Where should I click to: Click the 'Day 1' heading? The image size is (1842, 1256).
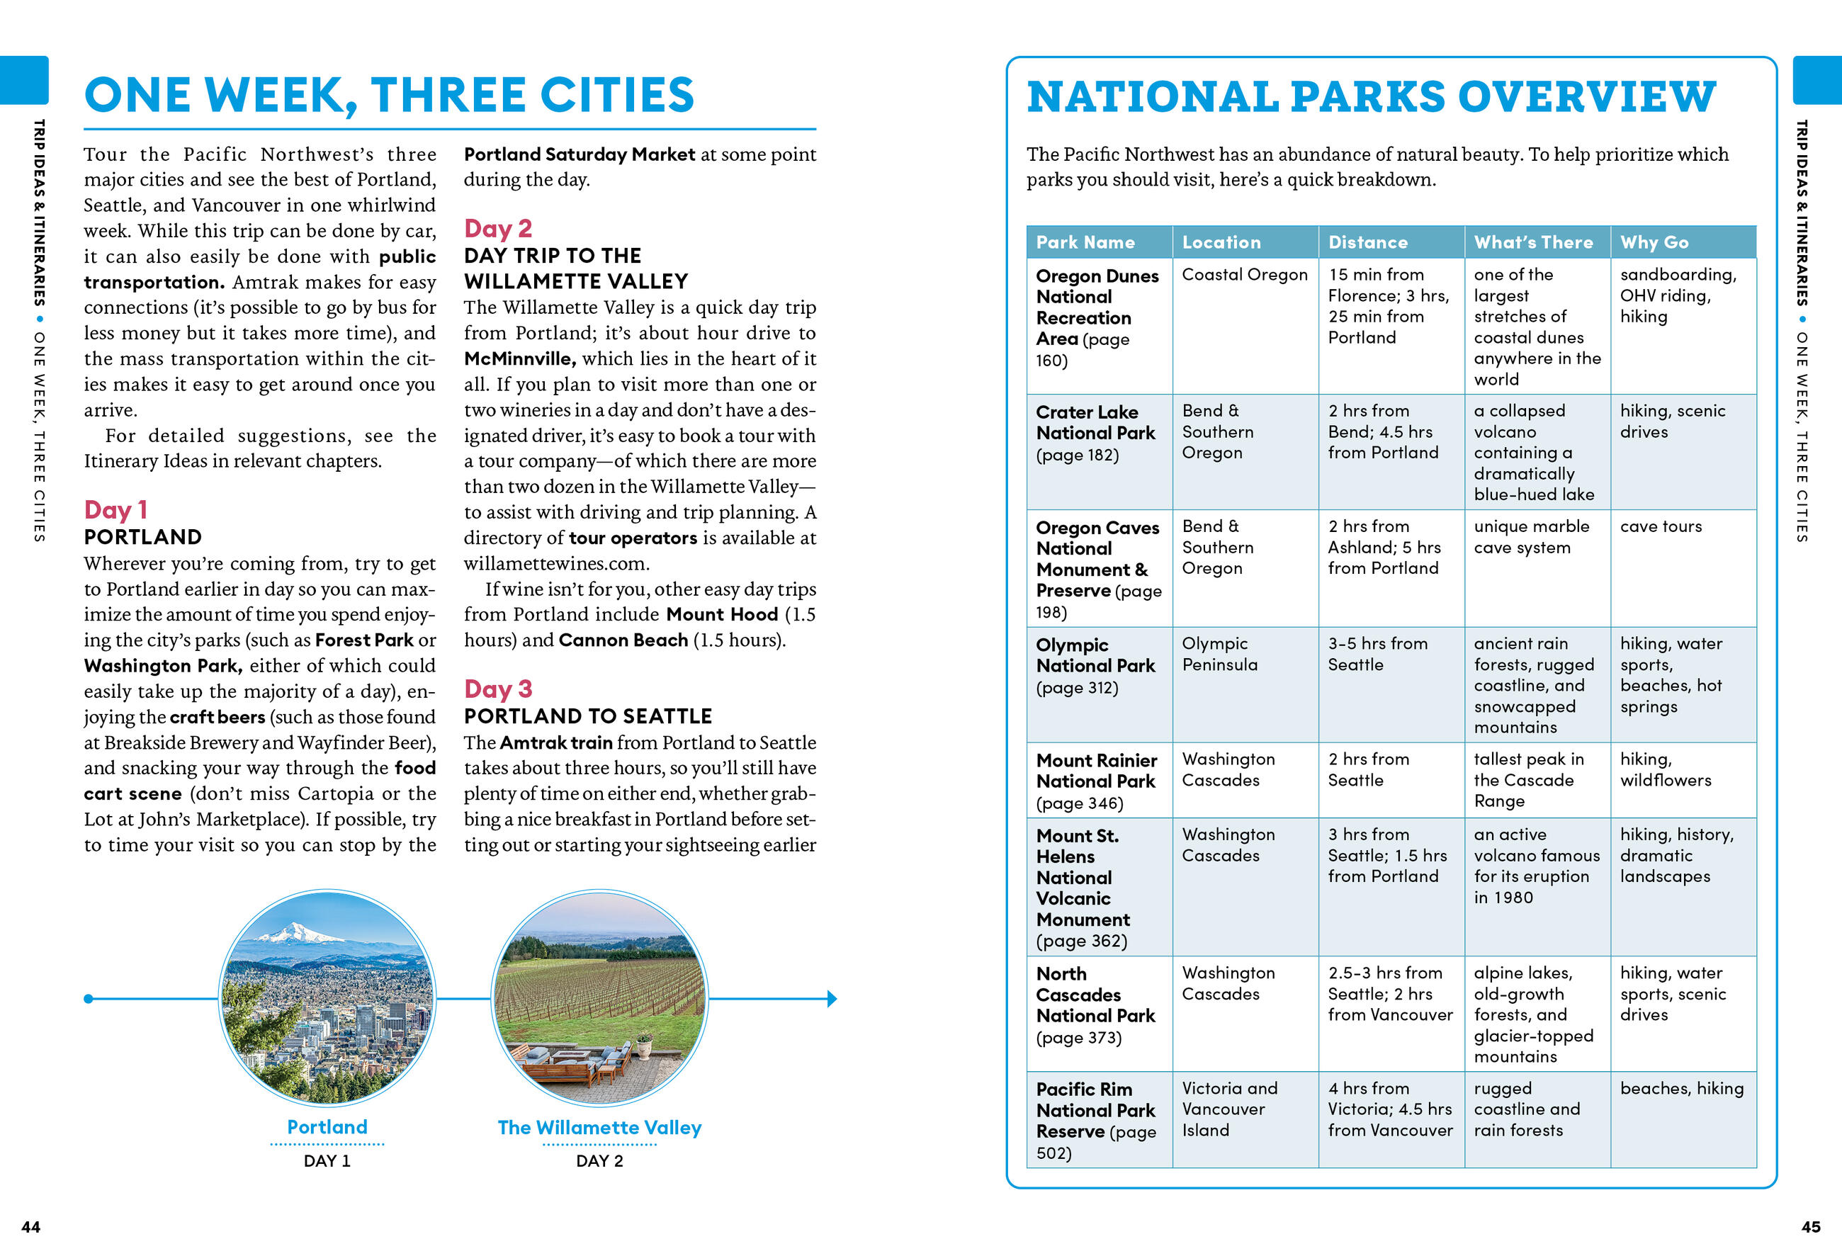click(115, 509)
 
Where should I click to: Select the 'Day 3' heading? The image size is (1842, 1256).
click(498, 689)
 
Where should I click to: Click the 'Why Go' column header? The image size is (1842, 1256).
click(1654, 242)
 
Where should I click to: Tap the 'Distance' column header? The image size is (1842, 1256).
click(1368, 242)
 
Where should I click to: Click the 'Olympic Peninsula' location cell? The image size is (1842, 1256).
click(1219, 654)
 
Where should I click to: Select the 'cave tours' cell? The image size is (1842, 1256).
click(1661, 526)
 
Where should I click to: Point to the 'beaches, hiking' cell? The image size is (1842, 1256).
click(1681, 1088)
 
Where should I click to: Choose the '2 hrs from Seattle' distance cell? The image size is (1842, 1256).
click(1368, 769)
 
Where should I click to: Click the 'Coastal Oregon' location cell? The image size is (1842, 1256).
click(1244, 274)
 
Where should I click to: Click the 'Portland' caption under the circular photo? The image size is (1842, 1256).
click(327, 1127)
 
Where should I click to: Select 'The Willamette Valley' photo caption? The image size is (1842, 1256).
click(599, 1127)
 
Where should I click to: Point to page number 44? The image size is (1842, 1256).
click(31, 1227)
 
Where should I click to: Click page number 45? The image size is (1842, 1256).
click(1810, 1227)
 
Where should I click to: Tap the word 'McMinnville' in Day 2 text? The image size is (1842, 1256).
click(519, 359)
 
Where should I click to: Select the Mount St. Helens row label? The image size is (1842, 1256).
click(1083, 888)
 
